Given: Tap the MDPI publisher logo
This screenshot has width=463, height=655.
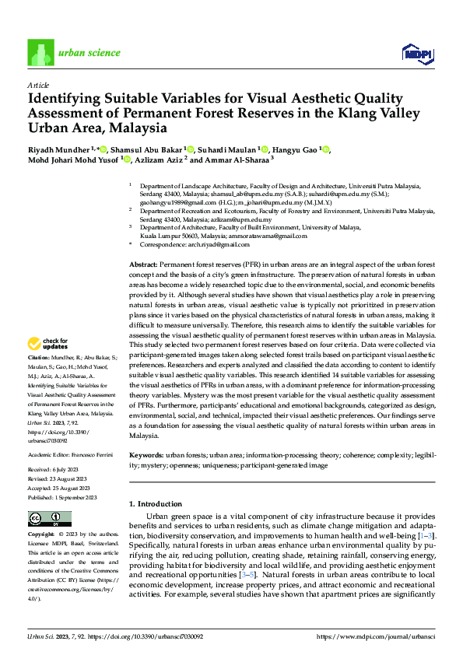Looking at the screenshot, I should [x=417, y=53].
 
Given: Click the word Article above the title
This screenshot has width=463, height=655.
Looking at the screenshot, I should [x=38, y=85].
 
